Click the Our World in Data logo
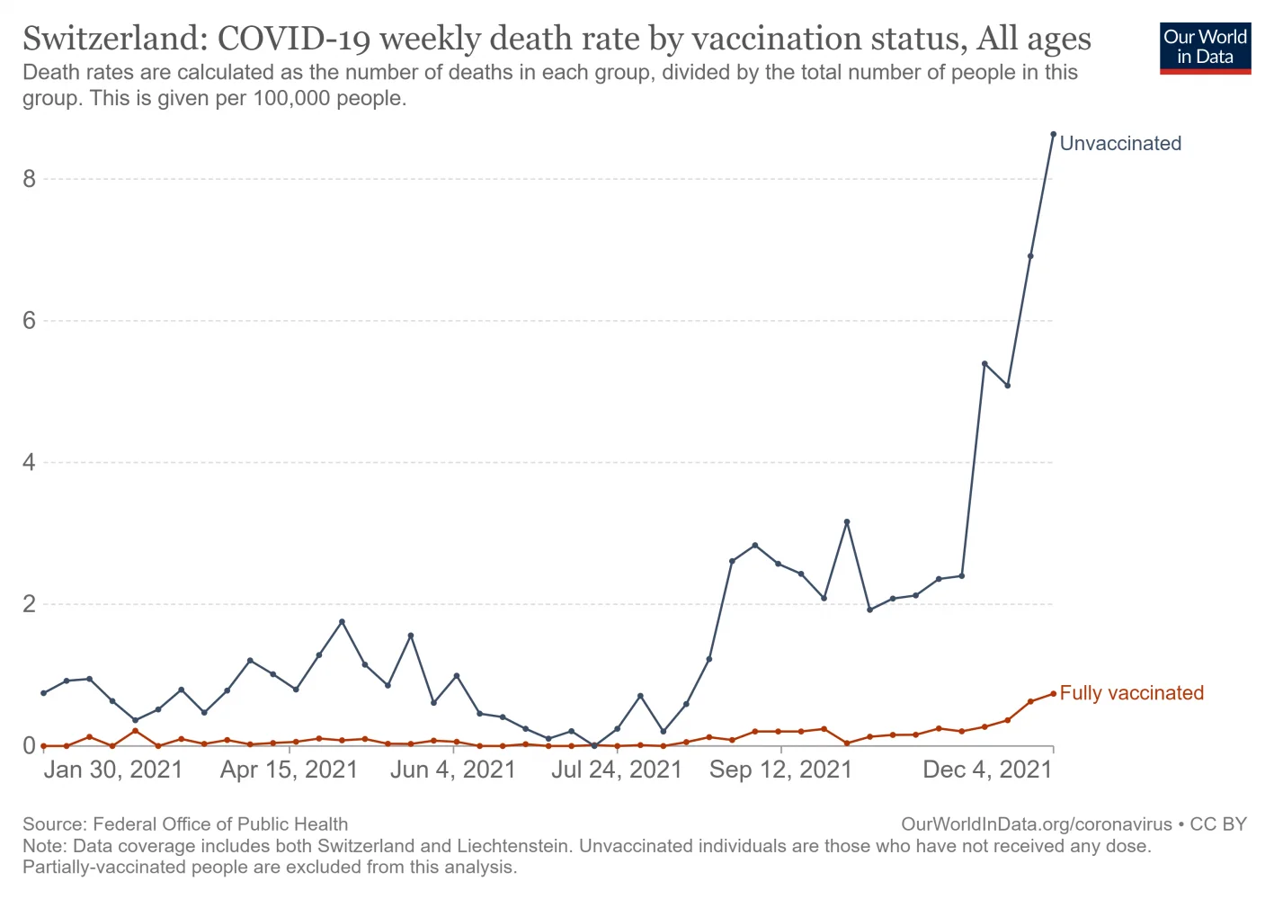pos(1205,47)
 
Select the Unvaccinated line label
pos(1120,144)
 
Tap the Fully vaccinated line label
pos(1131,693)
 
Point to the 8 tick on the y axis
pos(30,179)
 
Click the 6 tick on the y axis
pos(30,321)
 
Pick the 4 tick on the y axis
pos(30,463)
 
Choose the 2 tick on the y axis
pos(30,604)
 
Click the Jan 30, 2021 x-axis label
pos(113,770)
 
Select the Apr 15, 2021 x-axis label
pos(289,770)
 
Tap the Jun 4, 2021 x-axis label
pos(453,770)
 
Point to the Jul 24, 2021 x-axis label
pos(617,770)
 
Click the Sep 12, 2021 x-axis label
pos(780,770)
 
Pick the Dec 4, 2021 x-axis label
pos(987,770)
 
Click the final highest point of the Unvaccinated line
pos(1053,135)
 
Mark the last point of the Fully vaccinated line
pos(1053,693)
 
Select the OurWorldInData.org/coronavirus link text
pos(1036,824)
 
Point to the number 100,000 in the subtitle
pos(291,98)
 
